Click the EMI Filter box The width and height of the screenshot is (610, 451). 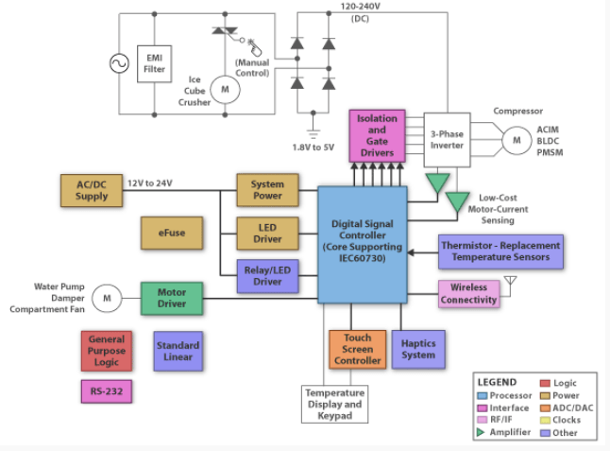click(x=154, y=63)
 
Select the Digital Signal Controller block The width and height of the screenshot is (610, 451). click(x=362, y=243)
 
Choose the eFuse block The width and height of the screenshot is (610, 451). click(x=171, y=233)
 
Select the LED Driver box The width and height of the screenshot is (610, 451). click(x=267, y=234)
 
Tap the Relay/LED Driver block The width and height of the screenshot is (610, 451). click(x=267, y=275)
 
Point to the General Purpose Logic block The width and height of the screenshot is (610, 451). click(x=106, y=351)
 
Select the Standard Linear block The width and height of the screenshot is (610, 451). click(x=178, y=351)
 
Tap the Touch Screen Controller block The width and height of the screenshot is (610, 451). click(x=358, y=349)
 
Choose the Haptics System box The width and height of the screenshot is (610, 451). click(x=418, y=349)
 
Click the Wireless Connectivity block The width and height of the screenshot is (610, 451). click(x=468, y=294)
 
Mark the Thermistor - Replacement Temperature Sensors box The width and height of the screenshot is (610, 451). click(x=500, y=252)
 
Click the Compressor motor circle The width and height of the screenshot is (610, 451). click(x=516, y=141)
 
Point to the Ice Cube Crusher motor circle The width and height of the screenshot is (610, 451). click(x=225, y=89)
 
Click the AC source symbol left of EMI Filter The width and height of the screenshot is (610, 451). click(x=119, y=63)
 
